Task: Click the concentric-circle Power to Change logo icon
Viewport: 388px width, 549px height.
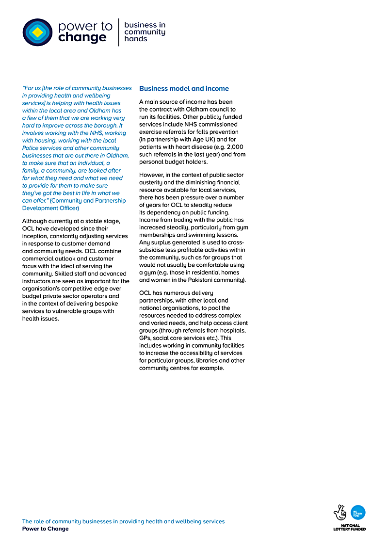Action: tap(37, 32)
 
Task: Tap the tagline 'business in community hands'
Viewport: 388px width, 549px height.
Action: tap(145, 32)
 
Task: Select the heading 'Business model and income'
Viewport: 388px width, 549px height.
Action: tap(184, 89)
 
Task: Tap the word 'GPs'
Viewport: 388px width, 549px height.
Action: tap(145, 338)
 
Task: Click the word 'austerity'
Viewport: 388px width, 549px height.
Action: tap(151, 182)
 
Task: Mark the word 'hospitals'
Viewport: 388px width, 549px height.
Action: tap(232, 331)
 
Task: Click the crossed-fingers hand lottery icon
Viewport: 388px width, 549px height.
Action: tap(340, 513)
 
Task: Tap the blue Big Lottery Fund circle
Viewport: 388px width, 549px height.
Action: tap(358, 512)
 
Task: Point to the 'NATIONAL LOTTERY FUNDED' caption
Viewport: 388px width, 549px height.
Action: tap(349, 527)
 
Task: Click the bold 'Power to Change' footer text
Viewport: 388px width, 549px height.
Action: tap(45, 529)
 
